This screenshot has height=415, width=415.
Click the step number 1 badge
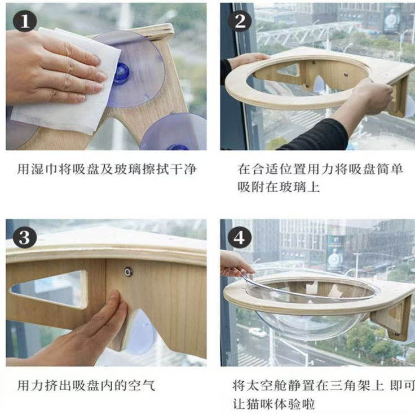[24, 21]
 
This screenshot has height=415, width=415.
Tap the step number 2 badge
[240, 21]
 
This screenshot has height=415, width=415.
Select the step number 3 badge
[24, 237]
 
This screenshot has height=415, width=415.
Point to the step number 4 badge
[240, 237]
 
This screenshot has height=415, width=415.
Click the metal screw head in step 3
[129, 272]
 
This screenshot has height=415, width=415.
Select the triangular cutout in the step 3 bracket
[50, 289]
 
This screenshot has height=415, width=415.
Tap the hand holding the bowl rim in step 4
[235, 264]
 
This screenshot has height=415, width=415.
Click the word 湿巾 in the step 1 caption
[44, 169]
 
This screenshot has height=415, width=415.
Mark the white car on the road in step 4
[257, 333]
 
